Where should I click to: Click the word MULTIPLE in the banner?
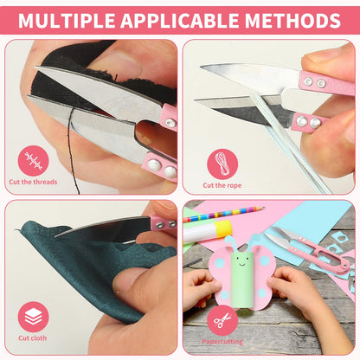click(x=67, y=20)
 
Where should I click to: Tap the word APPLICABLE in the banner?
click(x=180, y=20)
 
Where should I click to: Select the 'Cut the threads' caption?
click(x=33, y=182)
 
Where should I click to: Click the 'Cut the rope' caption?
click(x=222, y=185)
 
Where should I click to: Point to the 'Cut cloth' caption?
click(x=33, y=337)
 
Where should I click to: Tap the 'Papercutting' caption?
click(x=222, y=342)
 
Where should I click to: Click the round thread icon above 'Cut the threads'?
click(x=33, y=161)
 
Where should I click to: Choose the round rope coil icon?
click(x=222, y=164)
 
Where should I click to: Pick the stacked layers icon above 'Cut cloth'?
click(x=33, y=317)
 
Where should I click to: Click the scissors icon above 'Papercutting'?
click(x=222, y=320)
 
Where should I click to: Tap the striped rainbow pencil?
click(x=223, y=214)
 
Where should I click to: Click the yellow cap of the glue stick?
click(x=223, y=228)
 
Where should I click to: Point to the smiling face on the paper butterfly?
click(x=241, y=261)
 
